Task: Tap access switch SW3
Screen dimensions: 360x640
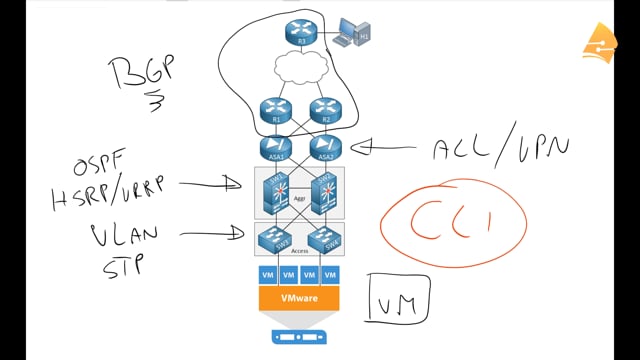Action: pyautogui.click(x=272, y=238)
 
